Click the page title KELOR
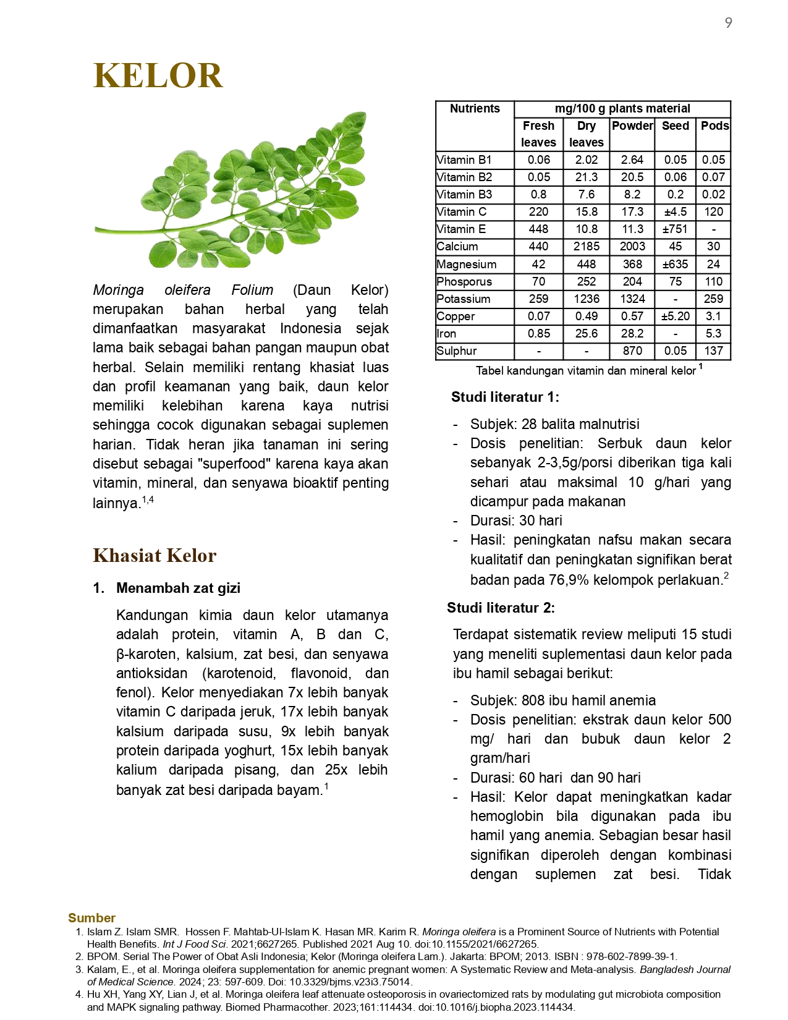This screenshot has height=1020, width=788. tap(158, 76)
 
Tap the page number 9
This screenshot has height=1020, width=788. tap(729, 23)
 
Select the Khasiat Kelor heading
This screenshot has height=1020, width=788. tap(155, 555)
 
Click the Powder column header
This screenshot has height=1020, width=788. tap(632, 125)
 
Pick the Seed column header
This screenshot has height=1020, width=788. tap(675, 125)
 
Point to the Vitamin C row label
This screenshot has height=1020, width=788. tap(462, 211)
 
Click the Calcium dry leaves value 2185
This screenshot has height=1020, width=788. tap(586, 246)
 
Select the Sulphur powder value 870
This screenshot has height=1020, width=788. tap(632, 351)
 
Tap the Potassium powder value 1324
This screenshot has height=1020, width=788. tap(632, 299)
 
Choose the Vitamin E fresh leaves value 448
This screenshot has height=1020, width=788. tap(538, 229)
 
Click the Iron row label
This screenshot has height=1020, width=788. tap(446, 333)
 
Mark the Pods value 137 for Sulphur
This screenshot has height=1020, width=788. tap(713, 351)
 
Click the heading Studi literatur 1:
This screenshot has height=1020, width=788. tap(505, 397)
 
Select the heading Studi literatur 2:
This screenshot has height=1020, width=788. tap(501, 608)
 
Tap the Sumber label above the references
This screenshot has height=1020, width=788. tap(91, 918)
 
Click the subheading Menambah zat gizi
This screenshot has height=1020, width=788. tap(178, 588)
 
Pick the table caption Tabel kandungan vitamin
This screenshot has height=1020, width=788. tap(585, 371)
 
